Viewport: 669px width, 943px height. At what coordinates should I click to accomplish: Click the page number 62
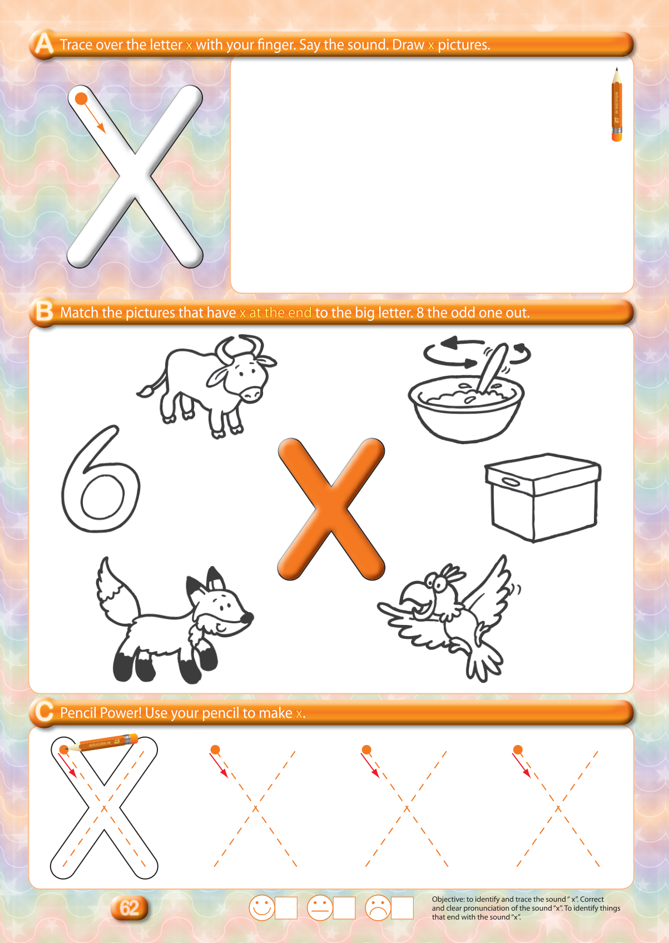click(x=129, y=908)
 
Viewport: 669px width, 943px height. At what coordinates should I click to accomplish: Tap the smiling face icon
click(x=262, y=907)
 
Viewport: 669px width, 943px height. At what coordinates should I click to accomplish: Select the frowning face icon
click(x=378, y=907)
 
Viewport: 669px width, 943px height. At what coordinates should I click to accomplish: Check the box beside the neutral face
click(x=344, y=908)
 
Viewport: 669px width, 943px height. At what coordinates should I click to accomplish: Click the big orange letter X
click(x=331, y=509)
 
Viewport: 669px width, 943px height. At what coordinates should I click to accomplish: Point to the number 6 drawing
click(x=100, y=479)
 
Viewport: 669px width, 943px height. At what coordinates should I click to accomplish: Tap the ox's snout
click(x=252, y=394)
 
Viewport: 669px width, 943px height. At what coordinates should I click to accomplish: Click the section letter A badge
click(x=44, y=44)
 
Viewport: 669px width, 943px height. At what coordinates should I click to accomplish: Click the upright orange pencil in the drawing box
click(x=617, y=105)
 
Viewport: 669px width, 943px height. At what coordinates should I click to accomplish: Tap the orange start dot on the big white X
click(x=81, y=99)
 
